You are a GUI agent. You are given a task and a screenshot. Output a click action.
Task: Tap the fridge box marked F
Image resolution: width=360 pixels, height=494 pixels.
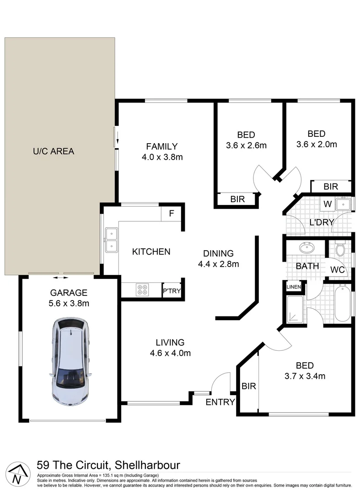172,213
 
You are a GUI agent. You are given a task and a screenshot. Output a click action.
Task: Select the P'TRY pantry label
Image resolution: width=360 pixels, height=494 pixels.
172,291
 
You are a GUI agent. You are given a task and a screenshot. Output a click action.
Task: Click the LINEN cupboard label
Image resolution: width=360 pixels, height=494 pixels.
293,287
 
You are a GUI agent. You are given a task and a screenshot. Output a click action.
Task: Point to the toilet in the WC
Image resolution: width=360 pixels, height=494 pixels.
339,250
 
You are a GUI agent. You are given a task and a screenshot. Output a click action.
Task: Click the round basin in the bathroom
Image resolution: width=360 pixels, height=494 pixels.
307,249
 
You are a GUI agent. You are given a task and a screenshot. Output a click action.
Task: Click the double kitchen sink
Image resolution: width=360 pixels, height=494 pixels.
110,241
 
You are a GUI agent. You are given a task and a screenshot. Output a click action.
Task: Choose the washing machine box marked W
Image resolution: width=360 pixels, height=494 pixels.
328,204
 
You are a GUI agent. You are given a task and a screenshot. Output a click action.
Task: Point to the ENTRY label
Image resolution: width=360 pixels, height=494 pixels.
220,403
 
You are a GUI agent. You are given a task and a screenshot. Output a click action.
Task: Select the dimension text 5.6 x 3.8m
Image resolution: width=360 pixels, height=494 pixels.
69,303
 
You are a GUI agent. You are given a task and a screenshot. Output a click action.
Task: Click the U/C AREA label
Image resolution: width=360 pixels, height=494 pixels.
53,151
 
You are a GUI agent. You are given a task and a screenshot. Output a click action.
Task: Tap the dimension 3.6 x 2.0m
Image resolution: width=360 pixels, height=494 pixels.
316,145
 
